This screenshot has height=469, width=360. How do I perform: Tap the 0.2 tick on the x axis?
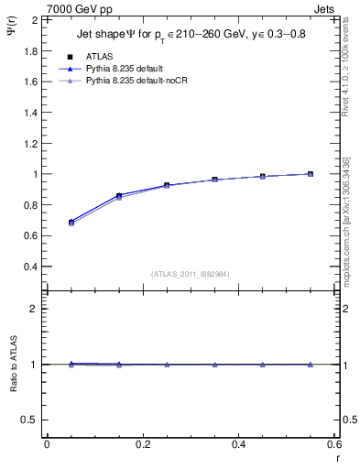pos(142,444)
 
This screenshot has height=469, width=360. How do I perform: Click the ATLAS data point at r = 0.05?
pos(71,223)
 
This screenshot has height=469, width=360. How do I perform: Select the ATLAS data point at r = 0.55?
pos(311,174)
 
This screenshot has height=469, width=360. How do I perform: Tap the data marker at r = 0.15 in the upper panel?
pos(119,196)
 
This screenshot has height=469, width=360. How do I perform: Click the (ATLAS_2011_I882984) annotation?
pos(191,274)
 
